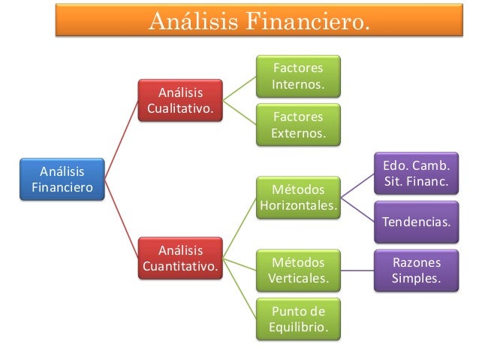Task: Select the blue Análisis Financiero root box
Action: click(62, 178)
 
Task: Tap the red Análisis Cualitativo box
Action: click(180, 102)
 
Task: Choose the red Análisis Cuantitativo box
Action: click(180, 258)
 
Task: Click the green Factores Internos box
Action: click(298, 75)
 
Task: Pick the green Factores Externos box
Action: click(298, 125)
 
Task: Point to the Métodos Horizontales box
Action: click(298, 197)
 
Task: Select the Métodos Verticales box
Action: click(298, 271)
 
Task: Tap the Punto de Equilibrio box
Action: click(298, 319)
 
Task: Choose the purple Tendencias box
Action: click(417, 222)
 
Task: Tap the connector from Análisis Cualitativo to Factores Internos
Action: click(240, 89)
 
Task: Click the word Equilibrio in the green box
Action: click(298, 328)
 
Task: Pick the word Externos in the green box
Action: click(298, 133)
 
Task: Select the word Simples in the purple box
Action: click(417, 280)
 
